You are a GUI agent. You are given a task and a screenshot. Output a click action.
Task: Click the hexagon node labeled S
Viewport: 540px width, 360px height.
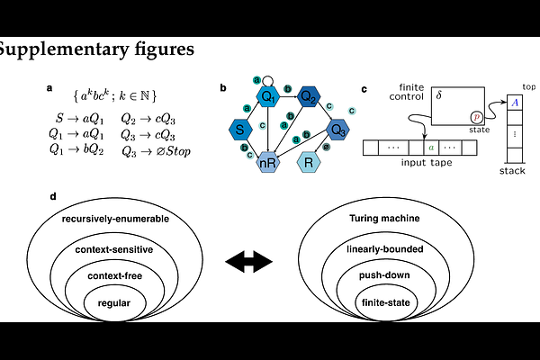click(241, 130)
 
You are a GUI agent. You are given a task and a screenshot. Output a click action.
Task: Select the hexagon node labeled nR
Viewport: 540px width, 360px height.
click(268, 164)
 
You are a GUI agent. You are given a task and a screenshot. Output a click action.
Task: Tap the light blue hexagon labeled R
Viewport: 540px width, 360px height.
click(309, 164)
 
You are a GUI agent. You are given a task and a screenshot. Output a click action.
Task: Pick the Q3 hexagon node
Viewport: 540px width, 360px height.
click(337, 130)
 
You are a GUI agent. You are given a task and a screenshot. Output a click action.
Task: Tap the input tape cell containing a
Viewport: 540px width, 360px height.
click(432, 146)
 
